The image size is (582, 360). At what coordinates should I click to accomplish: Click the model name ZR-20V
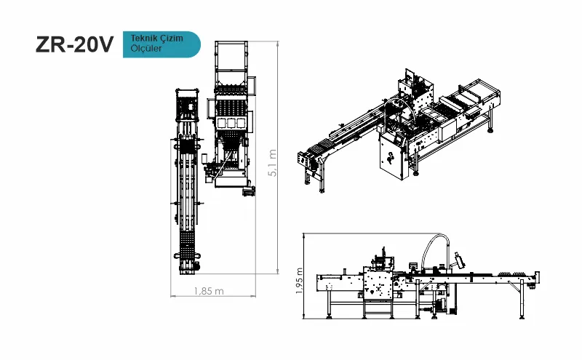click(x=74, y=45)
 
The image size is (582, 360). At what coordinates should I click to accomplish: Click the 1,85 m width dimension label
click(x=209, y=291)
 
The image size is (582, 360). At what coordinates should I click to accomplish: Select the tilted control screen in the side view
click(x=458, y=259)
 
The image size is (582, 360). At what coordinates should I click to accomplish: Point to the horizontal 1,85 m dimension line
click(x=215, y=297)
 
